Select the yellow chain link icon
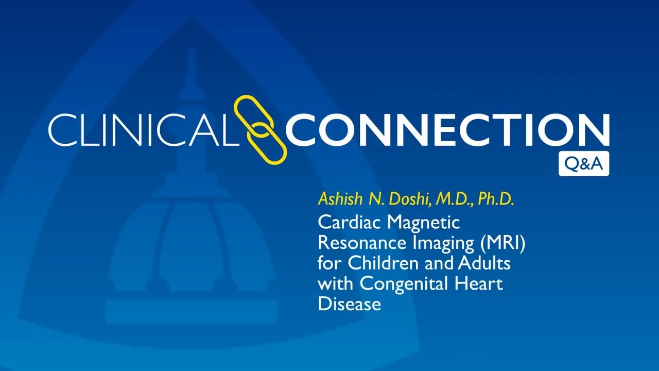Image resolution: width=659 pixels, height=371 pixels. pos(260,130)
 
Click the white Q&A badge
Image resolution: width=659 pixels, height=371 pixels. pos(583,164)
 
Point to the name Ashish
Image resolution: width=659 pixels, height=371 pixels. pos(335,199)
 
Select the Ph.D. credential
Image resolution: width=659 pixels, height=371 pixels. pos(496,199)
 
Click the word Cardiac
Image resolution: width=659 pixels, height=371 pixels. pos(350,223)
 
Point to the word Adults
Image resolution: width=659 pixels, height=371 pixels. pos(484,263)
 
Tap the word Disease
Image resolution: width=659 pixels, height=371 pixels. pos(349,303)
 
